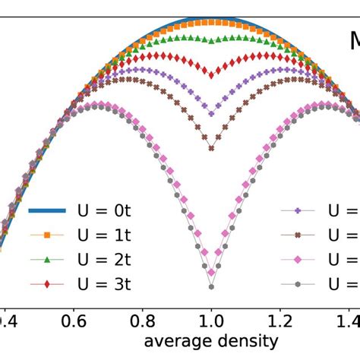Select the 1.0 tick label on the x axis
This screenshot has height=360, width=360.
(x=212, y=321)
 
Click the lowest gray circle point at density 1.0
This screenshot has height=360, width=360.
(x=212, y=286)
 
